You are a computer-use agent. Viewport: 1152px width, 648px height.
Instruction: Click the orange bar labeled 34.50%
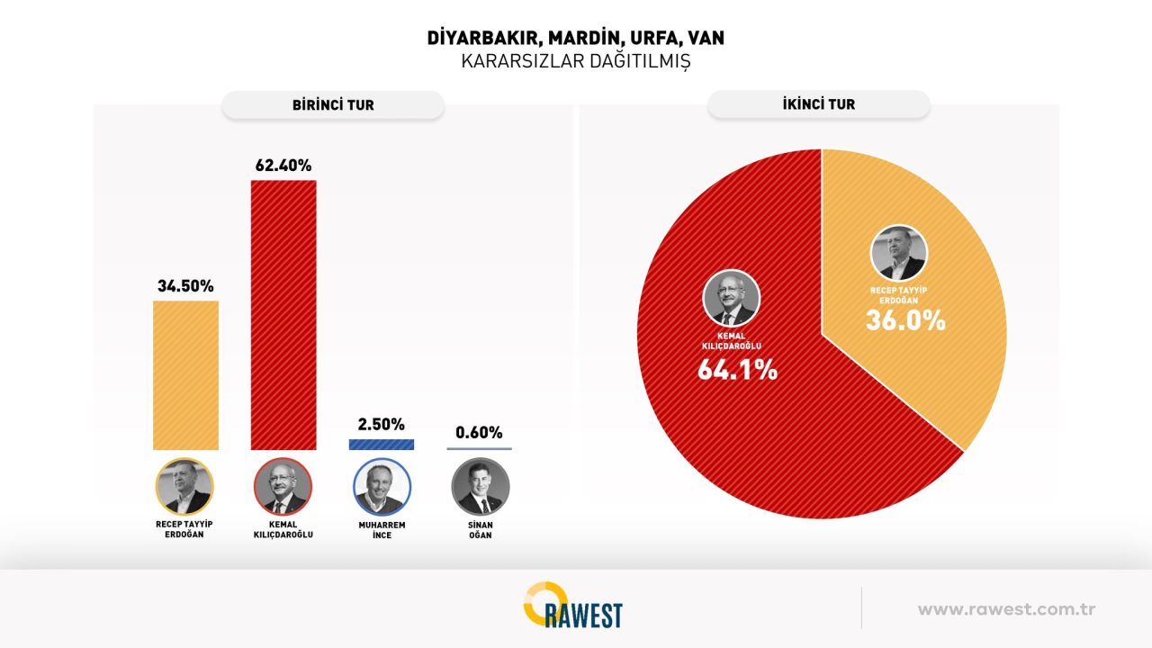click(x=185, y=374)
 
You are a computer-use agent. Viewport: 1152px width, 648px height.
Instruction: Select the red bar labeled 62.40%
click(x=283, y=314)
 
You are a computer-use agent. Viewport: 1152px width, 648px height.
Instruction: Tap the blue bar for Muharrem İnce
click(x=381, y=444)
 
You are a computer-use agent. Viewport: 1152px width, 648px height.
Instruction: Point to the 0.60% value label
click(x=479, y=432)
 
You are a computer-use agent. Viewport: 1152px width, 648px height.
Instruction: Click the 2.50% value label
click(x=382, y=424)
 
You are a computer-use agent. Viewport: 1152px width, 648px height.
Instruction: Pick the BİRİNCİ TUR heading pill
click(x=333, y=105)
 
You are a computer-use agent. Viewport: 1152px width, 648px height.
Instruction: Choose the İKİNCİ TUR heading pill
click(x=818, y=104)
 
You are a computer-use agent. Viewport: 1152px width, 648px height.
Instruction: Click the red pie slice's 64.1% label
click(x=737, y=369)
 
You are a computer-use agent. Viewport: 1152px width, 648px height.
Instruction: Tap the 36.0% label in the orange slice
click(x=905, y=320)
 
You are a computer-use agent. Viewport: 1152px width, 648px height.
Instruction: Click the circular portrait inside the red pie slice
click(x=731, y=298)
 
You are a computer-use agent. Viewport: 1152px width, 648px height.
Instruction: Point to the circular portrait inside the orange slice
click(x=898, y=253)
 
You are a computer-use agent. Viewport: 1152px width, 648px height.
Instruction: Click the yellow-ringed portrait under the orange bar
click(x=184, y=487)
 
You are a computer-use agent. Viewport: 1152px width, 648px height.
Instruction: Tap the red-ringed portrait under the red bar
click(x=283, y=487)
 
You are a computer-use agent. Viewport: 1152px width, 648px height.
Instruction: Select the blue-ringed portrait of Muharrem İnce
click(x=382, y=487)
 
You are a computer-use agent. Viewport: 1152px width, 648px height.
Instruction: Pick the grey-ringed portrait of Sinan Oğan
click(x=480, y=487)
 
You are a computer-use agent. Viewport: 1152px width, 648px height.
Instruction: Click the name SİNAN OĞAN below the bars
click(x=480, y=530)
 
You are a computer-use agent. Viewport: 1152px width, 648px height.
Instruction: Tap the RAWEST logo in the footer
click(x=572, y=606)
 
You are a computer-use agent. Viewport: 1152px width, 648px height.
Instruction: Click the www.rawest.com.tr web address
click(x=1006, y=609)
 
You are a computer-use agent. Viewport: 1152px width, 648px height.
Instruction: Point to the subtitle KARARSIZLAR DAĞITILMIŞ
click(x=575, y=61)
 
